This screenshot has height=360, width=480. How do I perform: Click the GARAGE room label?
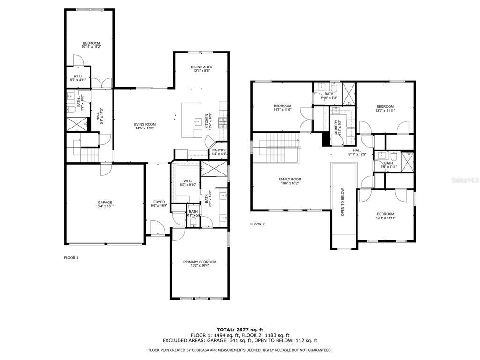pyautogui.click(x=105, y=202)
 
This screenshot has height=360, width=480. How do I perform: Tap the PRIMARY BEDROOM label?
pyautogui.click(x=200, y=262)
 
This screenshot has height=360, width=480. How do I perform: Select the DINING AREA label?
pyautogui.click(x=201, y=67)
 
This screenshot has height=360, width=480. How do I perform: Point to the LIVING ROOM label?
pyautogui.click(x=144, y=124)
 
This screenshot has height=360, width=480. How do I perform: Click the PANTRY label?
pyautogui.click(x=219, y=150)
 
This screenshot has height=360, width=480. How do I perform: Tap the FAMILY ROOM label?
pyautogui.click(x=290, y=179)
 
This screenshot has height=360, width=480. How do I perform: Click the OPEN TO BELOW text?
pyautogui.click(x=343, y=202)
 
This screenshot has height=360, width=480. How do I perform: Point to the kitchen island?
pyautogui.click(x=192, y=120)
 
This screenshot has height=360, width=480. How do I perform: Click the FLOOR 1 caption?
pyautogui.click(x=71, y=258)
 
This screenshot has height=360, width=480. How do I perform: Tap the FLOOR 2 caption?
pyautogui.click(x=257, y=224)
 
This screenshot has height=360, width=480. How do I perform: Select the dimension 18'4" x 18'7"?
pyautogui.click(x=105, y=206)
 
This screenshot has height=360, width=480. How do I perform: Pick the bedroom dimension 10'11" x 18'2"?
pyautogui.click(x=91, y=47)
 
